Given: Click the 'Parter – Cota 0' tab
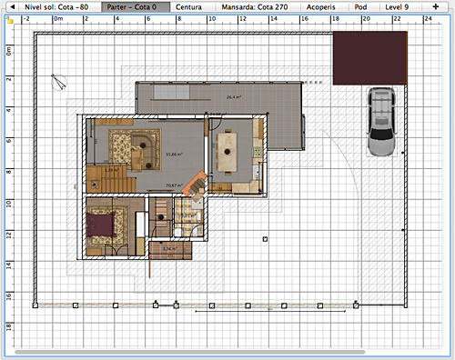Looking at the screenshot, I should coord(136,5).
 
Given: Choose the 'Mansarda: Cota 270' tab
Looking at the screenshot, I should coord(252,5).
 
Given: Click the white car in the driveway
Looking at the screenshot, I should coord(381,124).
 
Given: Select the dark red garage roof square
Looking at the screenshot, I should coord(369,57).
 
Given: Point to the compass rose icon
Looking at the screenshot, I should coord(60,82).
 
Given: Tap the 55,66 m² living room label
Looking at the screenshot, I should coord(172,154).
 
